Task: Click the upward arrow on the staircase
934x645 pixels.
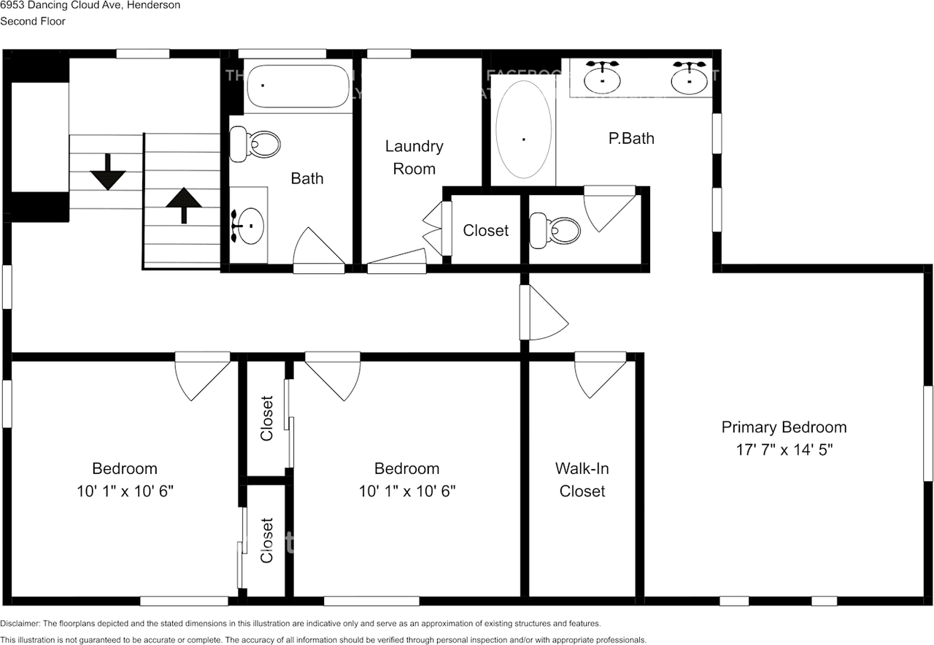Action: coord(183,205)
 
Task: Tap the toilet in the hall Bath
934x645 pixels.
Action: coord(255,144)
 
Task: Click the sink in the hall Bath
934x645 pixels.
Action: coord(250,225)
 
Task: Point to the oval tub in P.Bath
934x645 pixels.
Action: coord(523,129)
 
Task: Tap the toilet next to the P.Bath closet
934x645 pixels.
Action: coord(556,230)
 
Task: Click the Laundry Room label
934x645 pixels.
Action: coord(414,157)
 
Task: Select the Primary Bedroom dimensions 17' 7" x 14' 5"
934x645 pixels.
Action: coord(784,449)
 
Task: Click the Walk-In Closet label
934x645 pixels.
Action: coord(582,479)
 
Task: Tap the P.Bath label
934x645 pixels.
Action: coord(631,138)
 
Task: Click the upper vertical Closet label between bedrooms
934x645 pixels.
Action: coord(267,418)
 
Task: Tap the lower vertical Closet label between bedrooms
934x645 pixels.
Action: coord(267,541)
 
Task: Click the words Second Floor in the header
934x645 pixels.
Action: coord(33,21)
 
